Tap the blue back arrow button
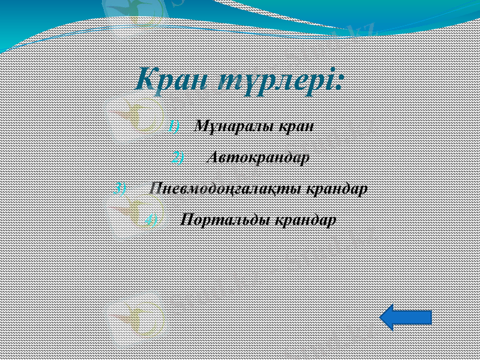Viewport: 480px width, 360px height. (x=406, y=317)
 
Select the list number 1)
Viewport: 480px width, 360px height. (x=173, y=127)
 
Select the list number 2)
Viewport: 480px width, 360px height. (x=178, y=158)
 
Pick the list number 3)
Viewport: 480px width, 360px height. (x=119, y=188)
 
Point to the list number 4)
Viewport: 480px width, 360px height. (x=151, y=220)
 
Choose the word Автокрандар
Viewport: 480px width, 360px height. (x=258, y=158)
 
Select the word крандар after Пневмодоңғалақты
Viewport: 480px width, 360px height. (x=337, y=188)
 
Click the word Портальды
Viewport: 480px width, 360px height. (x=225, y=220)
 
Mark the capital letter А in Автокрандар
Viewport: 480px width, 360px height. (x=212, y=158)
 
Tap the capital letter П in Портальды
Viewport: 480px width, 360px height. (x=186, y=220)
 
